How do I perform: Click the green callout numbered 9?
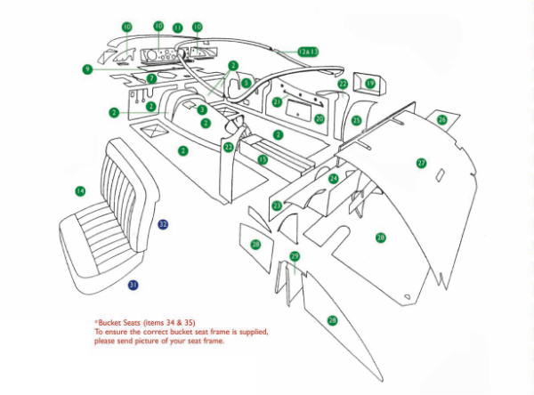click(87, 69)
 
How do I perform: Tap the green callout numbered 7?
click(152, 79)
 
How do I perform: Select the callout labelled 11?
click(177, 28)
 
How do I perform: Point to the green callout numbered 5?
click(247, 84)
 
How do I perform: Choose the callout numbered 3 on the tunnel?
click(202, 109)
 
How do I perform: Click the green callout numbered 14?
click(80, 190)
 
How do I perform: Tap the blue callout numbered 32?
click(163, 224)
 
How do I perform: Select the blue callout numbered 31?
click(133, 285)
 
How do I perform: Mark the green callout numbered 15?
click(263, 159)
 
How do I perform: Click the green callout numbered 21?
click(277, 102)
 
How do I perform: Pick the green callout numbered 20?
click(320, 118)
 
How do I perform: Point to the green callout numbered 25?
click(356, 120)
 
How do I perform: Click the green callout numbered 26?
click(442, 118)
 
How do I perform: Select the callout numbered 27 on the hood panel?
click(422, 163)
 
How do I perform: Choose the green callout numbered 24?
click(334, 179)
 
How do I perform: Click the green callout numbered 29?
click(295, 256)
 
